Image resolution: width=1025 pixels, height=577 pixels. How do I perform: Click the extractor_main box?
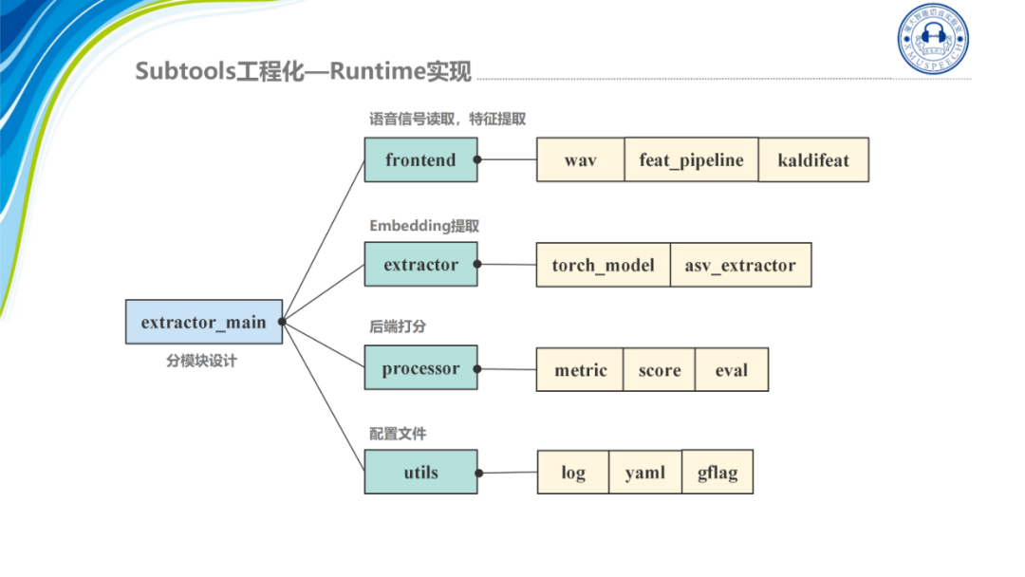(x=203, y=322)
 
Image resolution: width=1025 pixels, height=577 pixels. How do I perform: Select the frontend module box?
(x=420, y=159)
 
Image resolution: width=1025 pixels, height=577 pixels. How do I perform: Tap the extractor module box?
(x=420, y=264)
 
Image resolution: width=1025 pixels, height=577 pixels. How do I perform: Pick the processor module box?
(x=420, y=368)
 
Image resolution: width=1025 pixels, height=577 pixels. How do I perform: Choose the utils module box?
(x=420, y=472)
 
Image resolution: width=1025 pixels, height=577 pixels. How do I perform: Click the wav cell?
(x=580, y=159)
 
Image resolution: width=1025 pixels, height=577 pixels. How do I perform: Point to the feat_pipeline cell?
(x=691, y=159)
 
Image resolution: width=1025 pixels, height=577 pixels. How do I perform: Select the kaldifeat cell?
(x=813, y=159)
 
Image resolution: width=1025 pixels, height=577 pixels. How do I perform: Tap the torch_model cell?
(x=603, y=265)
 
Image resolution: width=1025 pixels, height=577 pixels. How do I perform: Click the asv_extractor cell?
(x=740, y=265)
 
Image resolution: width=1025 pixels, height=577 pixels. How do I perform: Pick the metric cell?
(x=580, y=370)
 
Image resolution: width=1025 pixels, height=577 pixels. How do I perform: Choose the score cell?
(x=660, y=370)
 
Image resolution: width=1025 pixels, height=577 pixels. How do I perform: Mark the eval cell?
(x=732, y=370)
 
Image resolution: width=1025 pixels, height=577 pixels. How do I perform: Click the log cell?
(x=572, y=472)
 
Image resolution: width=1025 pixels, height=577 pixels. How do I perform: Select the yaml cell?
(x=645, y=472)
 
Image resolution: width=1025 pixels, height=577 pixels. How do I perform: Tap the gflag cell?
(x=717, y=471)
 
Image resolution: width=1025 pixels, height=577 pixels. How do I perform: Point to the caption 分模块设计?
(x=201, y=361)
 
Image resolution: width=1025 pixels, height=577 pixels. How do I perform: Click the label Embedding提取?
(x=424, y=226)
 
